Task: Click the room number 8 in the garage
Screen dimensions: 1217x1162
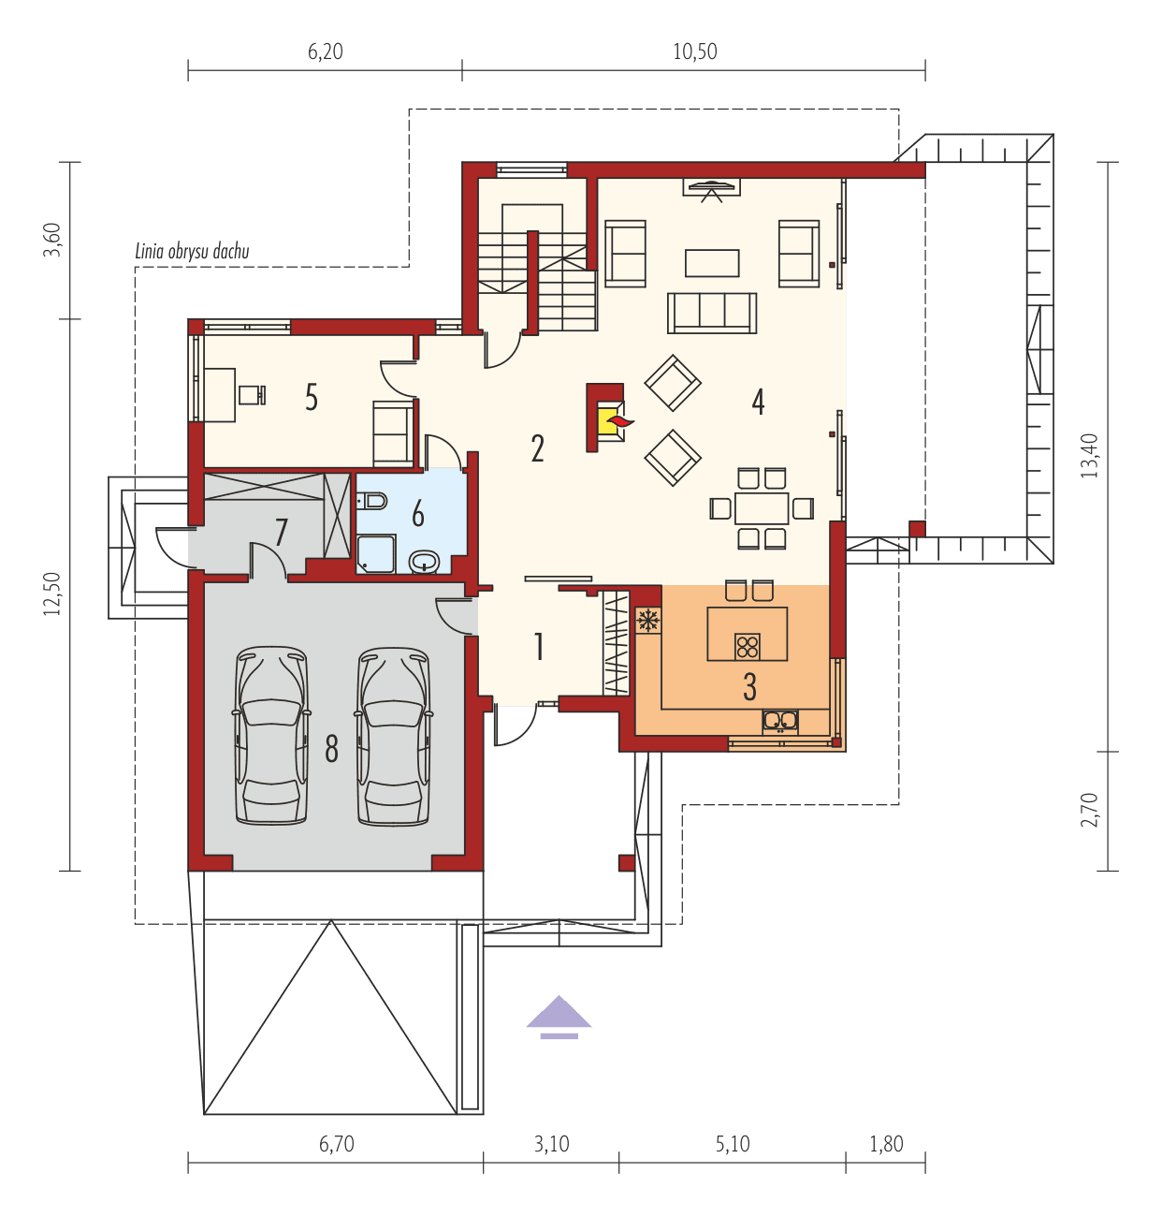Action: (x=331, y=749)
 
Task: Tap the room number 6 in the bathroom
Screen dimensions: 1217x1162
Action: (x=417, y=513)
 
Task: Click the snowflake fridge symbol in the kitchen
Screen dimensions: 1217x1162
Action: (x=648, y=620)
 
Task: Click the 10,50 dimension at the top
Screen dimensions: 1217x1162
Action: (x=694, y=51)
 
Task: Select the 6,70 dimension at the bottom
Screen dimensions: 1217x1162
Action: (x=336, y=1144)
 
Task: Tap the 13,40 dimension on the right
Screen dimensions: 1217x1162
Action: (x=1089, y=456)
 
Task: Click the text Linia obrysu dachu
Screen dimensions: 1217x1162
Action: (x=192, y=251)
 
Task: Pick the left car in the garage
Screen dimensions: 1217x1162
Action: (x=271, y=735)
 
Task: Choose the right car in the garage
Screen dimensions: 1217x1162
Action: (x=394, y=735)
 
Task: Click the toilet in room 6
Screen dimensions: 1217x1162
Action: (x=372, y=502)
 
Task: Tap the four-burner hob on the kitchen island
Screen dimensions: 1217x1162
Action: (x=747, y=645)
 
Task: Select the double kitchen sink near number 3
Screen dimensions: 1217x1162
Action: (x=779, y=720)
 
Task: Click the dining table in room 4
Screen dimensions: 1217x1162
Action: (x=761, y=508)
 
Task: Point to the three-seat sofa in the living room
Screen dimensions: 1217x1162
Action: (x=711, y=313)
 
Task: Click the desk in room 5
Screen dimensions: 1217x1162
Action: (x=219, y=394)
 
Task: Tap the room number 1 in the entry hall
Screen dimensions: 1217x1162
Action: (x=538, y=646)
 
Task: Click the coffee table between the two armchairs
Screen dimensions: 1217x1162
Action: (x=711, y=263)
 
